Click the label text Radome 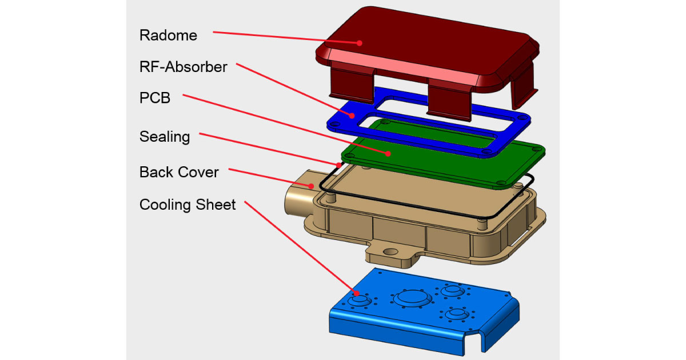coord(168,35)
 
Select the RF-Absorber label coord(183,67)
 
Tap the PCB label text coord(155,98)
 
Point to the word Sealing coord(164,137)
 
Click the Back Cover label coord(178,172)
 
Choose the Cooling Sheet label coord(188,205)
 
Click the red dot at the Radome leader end coord(360,42)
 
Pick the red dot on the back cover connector coord(311,185)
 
